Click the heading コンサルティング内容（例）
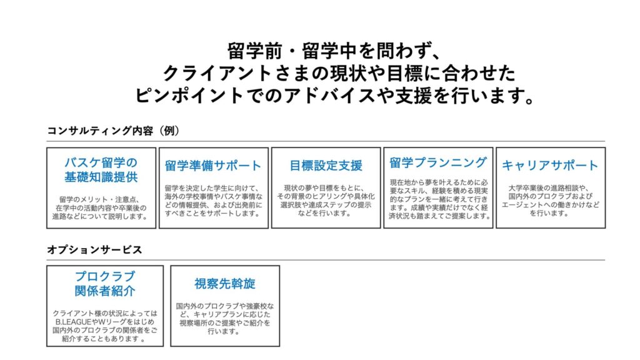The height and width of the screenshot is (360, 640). [x=113, y=131]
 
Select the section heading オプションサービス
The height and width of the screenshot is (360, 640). [x=94, y=249]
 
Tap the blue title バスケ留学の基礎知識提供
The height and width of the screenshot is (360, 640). [x=101, y=169]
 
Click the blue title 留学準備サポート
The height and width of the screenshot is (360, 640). [x=213, y=165]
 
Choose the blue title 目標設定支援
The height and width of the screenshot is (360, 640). [x=326, y=165]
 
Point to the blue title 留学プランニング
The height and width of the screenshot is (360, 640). [x=438, y=162]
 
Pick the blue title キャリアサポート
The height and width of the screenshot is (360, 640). [x=550, y=165]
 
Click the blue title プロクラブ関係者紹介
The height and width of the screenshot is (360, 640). [x=105, y=283]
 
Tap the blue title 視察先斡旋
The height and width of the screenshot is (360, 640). [x=225, y=283]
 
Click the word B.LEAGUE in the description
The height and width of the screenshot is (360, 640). [x=74, y=322]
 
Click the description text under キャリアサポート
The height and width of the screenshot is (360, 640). [x=550, y=201]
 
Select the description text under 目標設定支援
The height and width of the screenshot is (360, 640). [x=326, y=201]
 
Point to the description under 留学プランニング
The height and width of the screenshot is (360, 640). [x=439, y=199]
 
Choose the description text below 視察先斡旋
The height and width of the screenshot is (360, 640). [x=225, y=318]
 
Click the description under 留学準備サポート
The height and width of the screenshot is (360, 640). [x=214, y=201]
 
